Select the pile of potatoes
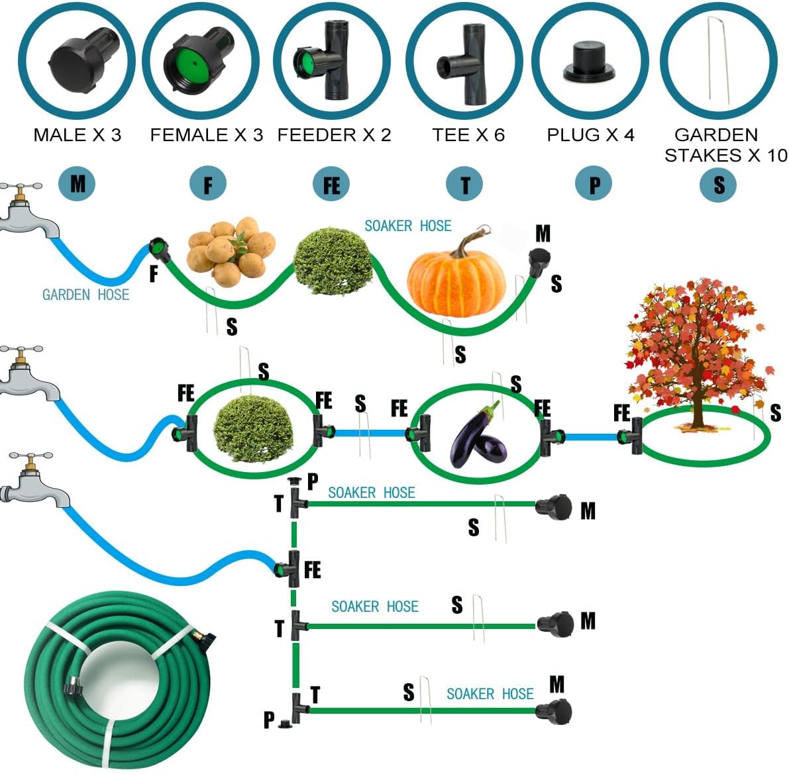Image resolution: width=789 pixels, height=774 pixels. point(229,250)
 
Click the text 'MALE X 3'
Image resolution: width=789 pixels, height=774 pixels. point(78,136)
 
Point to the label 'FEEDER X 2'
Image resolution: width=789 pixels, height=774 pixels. point(334,136)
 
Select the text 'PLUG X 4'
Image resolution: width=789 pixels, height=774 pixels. point(590,136)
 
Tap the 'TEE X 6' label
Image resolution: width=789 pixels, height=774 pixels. point(468,136)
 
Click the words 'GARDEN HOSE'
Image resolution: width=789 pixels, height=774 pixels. point(85,295)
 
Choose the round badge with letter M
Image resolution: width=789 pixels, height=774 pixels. point(77,183)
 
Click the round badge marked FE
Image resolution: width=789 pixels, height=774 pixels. point(331,185)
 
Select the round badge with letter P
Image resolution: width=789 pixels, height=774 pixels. point(594,185)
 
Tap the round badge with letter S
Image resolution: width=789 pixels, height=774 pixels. point(719,185)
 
